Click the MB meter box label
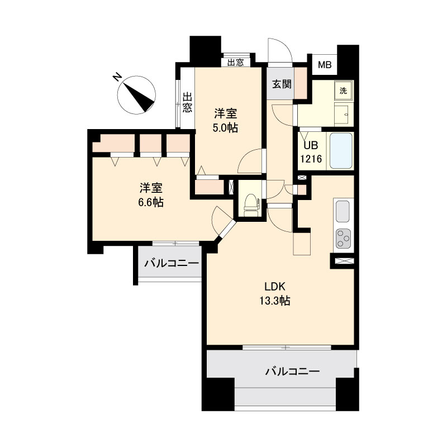325,65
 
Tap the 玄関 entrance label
282,84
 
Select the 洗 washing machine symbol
344,91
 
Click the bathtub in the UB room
341,151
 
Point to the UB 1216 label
311,152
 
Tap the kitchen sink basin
343,211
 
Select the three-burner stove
343,238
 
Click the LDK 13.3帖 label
275,294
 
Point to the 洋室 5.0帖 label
226,121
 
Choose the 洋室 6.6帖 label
151,195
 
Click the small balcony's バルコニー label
172,263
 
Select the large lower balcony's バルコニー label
293,372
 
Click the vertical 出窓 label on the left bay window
187,102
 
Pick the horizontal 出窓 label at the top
236,63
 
